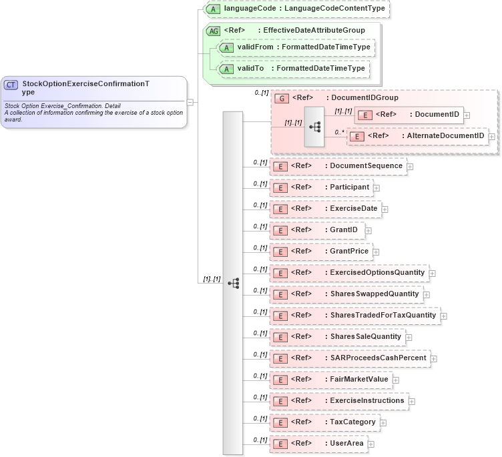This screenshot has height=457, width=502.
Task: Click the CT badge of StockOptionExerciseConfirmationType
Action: [11, 85]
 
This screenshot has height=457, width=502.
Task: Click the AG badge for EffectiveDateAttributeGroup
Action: [214, 31]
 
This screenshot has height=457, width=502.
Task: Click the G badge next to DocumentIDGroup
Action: [282, 98]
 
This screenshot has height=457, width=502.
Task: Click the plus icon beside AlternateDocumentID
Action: [492, 136]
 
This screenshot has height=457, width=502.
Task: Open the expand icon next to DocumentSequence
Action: [410, 166]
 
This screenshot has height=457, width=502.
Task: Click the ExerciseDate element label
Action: [354, 209]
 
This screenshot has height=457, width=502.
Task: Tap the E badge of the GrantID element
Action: [282, 230]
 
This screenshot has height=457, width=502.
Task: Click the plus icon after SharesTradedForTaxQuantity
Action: [443, 316]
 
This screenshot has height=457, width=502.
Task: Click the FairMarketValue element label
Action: [359, 380]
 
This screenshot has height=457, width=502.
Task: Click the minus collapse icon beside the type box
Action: [190, 102]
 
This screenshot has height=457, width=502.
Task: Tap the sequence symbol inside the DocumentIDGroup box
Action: [314, 125]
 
